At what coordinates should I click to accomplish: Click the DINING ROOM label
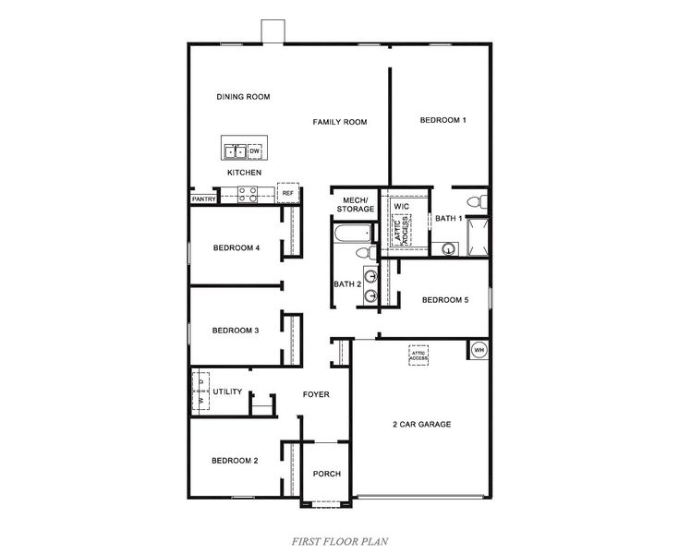(x=243, y=97)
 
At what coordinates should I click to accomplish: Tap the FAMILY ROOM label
(x=339, y=122)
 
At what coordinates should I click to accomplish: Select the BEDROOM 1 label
(x=443, y=120)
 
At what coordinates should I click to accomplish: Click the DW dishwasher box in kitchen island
(x=254, y=151)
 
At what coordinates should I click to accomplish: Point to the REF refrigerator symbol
(x=288, y=193)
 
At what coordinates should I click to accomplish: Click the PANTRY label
(x=203, y=199)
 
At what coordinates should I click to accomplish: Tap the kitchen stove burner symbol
(x=248, y=194)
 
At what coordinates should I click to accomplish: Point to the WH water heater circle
(x=479, y=350)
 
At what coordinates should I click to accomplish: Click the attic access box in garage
(x=419, y=355)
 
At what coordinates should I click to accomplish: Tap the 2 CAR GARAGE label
(x=421, y=425)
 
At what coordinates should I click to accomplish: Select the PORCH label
(x=326, y=474)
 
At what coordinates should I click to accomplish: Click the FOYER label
(x=316, y=395)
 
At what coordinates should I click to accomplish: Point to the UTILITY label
(x=227, y=391)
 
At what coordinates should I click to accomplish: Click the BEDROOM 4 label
(x=236, y=247)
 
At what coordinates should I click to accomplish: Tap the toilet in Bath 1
(x=476, y=201)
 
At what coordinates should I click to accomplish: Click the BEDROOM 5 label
(x=445, y=300)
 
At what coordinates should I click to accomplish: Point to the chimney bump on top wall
(x=273, y=30)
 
